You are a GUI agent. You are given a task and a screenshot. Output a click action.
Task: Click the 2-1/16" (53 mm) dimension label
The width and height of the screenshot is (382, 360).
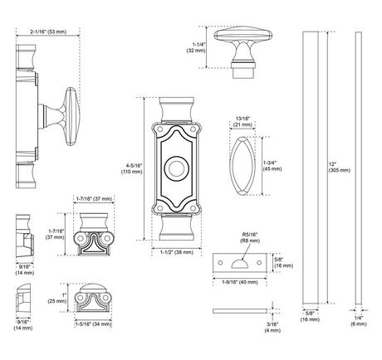(x=48, y=32)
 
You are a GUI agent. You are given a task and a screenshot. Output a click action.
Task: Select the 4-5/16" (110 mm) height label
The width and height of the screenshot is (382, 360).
(x=132, y=168)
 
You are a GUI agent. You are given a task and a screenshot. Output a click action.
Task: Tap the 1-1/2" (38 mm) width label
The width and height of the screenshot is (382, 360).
(x=177, y=252)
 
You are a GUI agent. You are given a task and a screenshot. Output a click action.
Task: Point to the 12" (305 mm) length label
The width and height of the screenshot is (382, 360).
(x=340, y=168)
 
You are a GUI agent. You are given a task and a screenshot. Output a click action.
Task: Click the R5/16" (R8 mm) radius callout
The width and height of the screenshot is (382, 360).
(x=250, y=238)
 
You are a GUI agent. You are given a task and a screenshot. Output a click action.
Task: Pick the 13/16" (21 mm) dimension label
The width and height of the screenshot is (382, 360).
(x=242, y=122)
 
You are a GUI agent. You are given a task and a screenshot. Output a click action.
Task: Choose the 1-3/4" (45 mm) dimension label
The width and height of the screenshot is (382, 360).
(x=272, y=166)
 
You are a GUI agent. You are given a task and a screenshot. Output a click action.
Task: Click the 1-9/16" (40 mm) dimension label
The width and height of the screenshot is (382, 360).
(x=240, y=282)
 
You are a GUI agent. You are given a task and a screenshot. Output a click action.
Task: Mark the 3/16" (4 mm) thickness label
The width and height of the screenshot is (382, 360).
(x=272, y=328)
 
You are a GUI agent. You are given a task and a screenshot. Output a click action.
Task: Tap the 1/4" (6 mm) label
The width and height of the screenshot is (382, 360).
(x=359, y=321)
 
